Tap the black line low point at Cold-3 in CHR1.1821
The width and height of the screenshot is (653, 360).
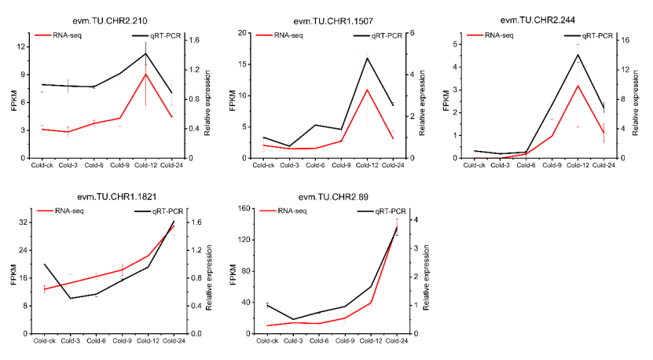point(70,298)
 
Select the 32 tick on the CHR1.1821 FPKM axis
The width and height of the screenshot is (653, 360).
point(26,222)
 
